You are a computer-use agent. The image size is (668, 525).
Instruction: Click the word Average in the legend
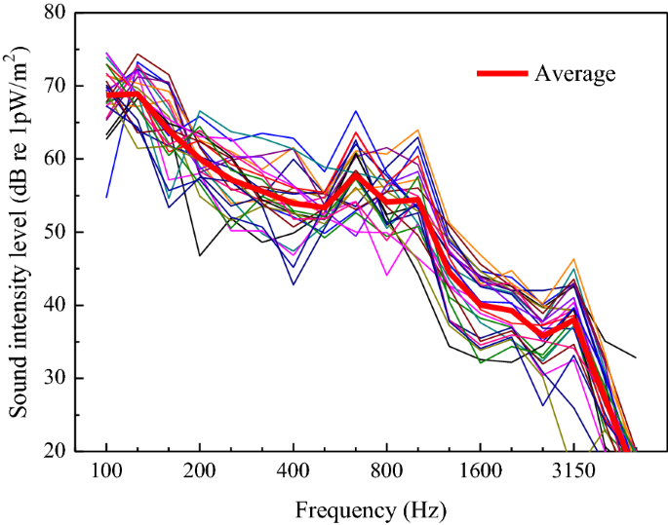pyautogui.click(x=574, y=73)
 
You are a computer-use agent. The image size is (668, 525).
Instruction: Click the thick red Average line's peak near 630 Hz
pyautogui.click(x=356, y=174)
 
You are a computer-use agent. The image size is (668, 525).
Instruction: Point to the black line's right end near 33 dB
pyautogui.click(x=635, y=357)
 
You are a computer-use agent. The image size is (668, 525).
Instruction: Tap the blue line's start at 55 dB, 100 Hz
pyautogui.click(x=107, y=197)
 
